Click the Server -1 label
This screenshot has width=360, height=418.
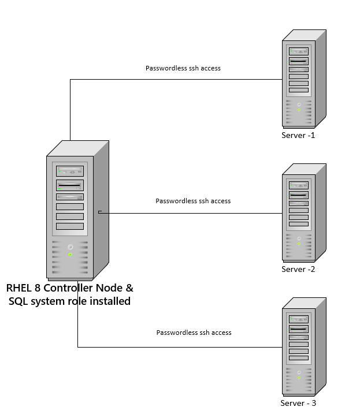298,136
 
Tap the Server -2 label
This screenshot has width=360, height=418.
298,269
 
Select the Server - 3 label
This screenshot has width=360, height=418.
298,403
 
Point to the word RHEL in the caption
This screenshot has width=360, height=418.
21,288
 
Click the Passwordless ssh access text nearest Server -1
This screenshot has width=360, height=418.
183,68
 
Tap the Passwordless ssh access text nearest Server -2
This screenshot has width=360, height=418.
193,201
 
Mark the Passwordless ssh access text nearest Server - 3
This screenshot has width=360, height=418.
194,333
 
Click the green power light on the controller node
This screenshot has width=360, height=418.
70,254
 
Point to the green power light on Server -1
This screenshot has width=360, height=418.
299,109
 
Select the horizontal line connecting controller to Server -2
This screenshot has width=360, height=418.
191,213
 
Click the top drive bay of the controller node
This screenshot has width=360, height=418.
70,171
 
